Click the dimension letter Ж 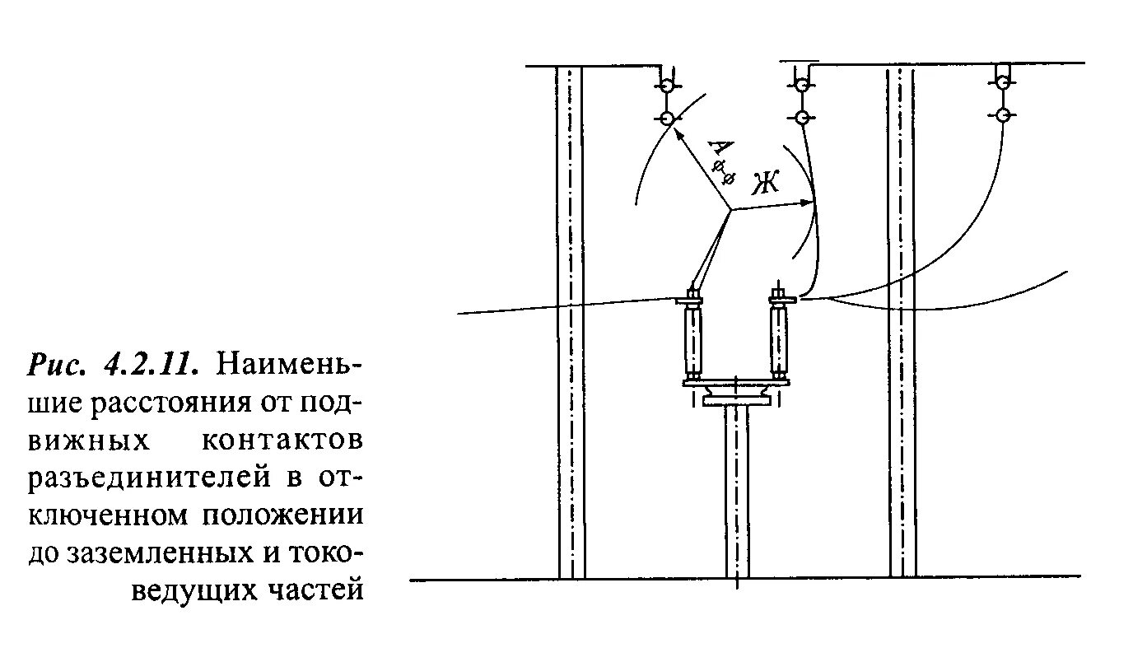765,184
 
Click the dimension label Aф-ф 719,161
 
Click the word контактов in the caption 282,440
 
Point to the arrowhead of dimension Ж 810,202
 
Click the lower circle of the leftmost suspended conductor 666,119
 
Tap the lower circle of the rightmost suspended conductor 1002,114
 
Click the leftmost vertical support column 571,321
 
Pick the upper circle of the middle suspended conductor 800,82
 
